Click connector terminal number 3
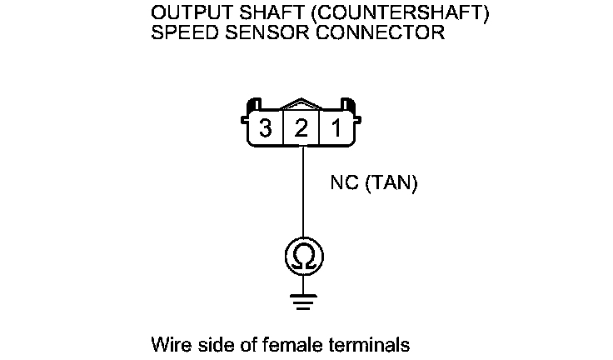(x=266, y=129)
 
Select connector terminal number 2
(x=302, y=129)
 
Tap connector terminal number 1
(x=337, y=129)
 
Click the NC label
(x=345, y=182)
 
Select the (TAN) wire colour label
(x=390, y=182)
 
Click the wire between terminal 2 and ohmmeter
(x=302, y=196)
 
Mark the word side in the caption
(x=207, y=344)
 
